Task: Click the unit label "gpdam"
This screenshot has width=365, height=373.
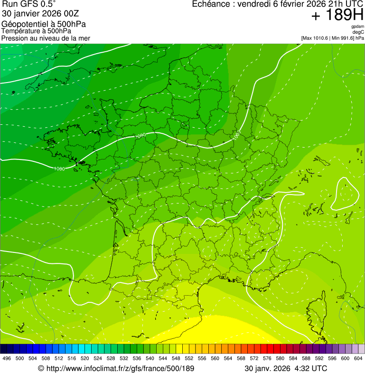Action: coord(357,27)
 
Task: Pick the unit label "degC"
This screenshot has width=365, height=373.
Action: coord(358,32)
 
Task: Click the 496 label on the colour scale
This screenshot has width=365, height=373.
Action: coord(7,358)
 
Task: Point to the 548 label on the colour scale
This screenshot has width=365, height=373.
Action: coord(176,358)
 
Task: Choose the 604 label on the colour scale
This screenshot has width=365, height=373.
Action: coord(358,358)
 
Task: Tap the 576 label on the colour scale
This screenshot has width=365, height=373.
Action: coord(267,358)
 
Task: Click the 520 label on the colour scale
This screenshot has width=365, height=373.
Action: coord(85,358)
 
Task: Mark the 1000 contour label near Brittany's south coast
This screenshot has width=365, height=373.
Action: coord(59,168)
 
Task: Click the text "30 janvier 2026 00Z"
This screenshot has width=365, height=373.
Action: coord(37,13)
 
